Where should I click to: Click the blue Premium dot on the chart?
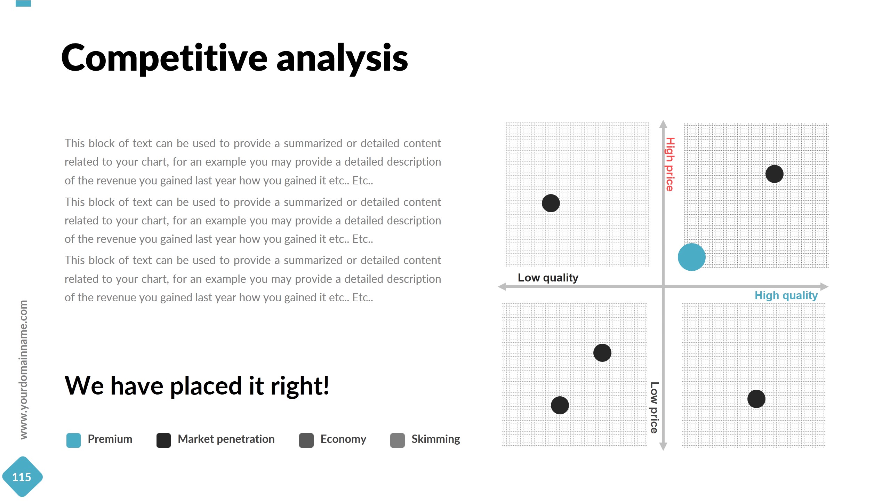tap(691, 257)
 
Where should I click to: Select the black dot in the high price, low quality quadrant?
tap(551, 203)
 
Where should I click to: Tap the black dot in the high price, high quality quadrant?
tap(774, 174)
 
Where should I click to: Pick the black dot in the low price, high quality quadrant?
tap(756, 399)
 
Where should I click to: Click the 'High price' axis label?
tap(670, 164)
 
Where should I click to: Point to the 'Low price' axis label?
tap(654, 407)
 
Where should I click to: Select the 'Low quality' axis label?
tap(548, 278)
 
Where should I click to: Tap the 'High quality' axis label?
tap(786, 295)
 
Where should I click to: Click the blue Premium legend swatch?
tap(73, 440)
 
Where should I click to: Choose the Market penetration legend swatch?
tap(163, 440)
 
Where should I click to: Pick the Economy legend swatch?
tap(306, 440)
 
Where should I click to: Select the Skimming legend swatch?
tap(397, 440)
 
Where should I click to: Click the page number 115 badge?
tap(22, 477)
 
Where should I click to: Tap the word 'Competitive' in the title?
tap(164, 58)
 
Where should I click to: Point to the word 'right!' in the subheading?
tap(299, 386)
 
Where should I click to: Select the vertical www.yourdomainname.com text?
tap(23, 369)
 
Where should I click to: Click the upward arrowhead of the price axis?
tap(663, 124)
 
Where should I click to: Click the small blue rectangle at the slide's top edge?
tap(23, 3)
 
